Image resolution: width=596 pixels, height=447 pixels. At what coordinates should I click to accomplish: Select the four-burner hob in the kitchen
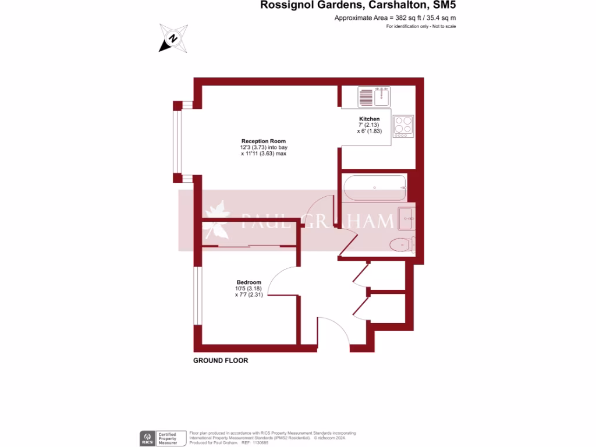[x=403, y=125]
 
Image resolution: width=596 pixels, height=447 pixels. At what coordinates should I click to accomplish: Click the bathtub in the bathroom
[x=374, y=187]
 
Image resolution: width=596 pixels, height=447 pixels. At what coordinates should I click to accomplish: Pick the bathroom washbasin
[x=406, y=219]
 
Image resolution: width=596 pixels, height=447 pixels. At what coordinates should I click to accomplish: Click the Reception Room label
[x=264, y=141]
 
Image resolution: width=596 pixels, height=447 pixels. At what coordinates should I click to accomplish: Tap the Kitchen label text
[x=369, y=119]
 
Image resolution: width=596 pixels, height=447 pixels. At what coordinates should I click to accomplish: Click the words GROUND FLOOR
[x=221, y=361]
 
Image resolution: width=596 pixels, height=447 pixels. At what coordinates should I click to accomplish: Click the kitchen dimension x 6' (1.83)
[x=369, y=132]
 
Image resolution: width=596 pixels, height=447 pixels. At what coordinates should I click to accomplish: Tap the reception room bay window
[x=177, y=141]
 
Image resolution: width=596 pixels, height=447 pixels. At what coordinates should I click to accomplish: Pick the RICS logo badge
[x=147, y=438]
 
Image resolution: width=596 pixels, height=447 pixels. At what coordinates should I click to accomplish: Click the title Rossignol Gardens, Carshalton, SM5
[x=358, y=6]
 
